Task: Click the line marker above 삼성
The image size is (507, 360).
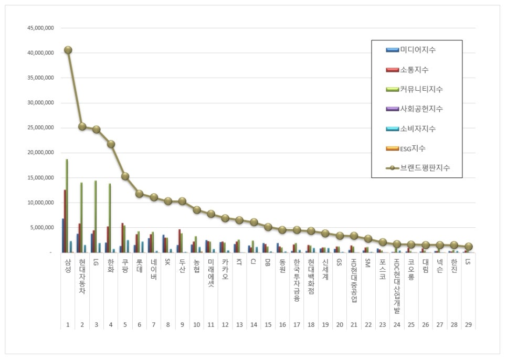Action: pos(68,50)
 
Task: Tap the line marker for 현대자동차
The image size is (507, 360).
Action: pos(82,126)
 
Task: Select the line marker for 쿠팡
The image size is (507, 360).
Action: pos(125,176)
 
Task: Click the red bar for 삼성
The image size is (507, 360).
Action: pos(65,221)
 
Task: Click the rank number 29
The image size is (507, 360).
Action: pos(468,325)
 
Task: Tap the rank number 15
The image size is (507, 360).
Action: pos(268,325)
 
